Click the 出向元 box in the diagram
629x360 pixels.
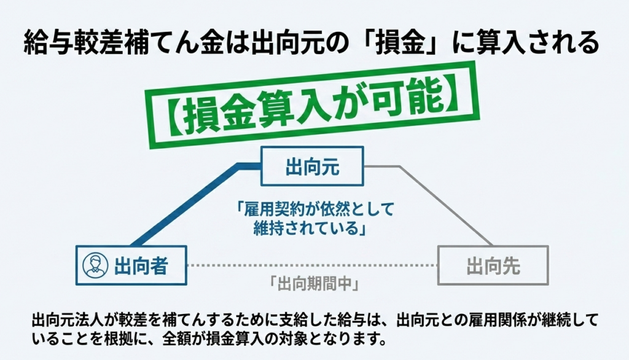click(x=312, y=166)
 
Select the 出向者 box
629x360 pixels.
click(x=131, y=265)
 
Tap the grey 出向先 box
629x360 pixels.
click(x=493, y=265)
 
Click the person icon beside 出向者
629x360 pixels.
click(x=95, y=265)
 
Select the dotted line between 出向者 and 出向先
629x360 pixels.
click(x=312, y=265)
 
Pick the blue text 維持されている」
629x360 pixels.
click(x=310, y=229)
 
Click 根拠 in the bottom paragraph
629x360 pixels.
click(x=122, y=340)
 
